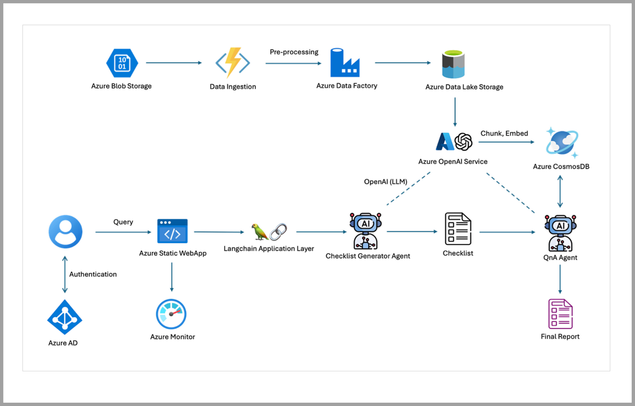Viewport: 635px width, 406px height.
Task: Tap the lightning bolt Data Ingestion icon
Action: coord(233,63)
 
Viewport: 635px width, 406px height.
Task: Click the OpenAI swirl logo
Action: coord(464,142)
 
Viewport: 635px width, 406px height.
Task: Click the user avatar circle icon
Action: coord(65,232)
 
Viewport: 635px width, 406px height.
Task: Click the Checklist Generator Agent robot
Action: coord(365,231)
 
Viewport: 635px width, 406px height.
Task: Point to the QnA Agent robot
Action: coord(560,233)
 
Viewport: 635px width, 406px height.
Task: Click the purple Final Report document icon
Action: coord(560,314)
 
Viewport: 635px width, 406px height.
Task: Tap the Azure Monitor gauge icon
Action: coord(171,314)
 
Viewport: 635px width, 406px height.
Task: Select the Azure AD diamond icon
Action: coord(65,317)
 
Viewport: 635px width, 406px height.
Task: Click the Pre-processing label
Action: coord(294,52)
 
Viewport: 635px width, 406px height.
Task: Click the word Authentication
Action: coord(93,274)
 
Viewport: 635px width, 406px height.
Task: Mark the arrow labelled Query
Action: coord(123,232)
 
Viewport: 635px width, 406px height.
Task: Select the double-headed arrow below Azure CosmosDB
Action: coord(560,192)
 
